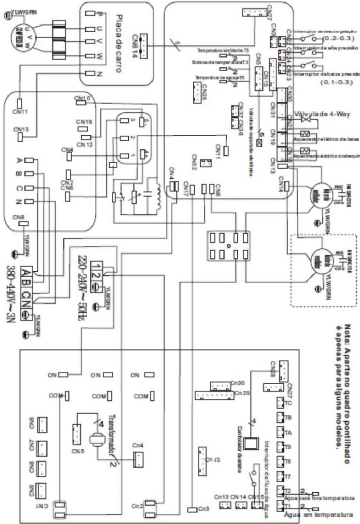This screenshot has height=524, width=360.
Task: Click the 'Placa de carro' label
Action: click(120, 43)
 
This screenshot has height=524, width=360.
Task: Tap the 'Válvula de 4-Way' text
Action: click(322, 114)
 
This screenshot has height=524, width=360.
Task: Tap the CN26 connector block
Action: click(197, 93)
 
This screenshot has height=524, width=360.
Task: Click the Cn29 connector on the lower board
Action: click(214, 395)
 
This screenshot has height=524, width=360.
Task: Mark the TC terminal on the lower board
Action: click(280, 404)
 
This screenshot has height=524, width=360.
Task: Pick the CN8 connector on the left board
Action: click(23, 224)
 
